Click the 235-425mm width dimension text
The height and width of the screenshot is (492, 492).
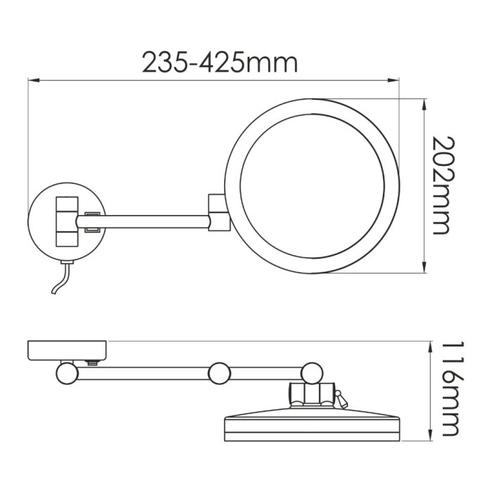tap(220, 63)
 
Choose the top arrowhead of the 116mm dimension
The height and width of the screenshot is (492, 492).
tap(429, 344)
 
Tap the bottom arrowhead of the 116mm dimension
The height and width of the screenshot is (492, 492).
tap(429, 438)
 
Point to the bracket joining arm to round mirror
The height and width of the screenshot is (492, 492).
tap(217, 213)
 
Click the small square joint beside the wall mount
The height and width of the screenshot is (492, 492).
tap(93, 221)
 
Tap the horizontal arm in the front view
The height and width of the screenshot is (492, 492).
tap(155, 222)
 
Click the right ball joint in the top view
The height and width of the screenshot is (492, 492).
tap(311, 372)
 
